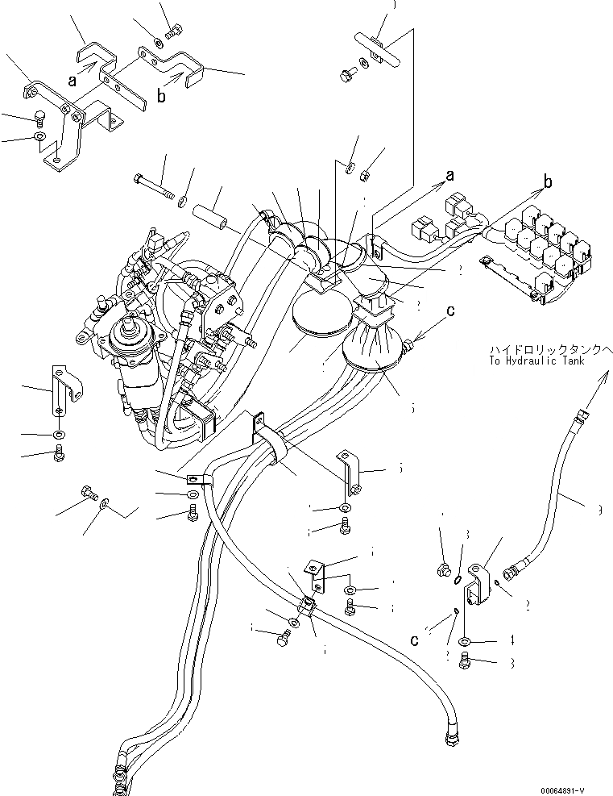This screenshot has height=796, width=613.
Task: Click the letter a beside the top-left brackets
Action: pyautogui.click(x=73, y=80)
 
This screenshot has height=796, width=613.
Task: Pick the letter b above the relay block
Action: pyautogui.click(x=549, y=183)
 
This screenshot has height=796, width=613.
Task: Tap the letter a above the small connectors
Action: pyautogui.click(x=449, y=174)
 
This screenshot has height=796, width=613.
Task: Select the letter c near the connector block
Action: pyautogui.click(x=416, y=640)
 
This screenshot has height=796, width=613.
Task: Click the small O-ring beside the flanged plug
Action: pyautogui.click(x=457, y=577)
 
